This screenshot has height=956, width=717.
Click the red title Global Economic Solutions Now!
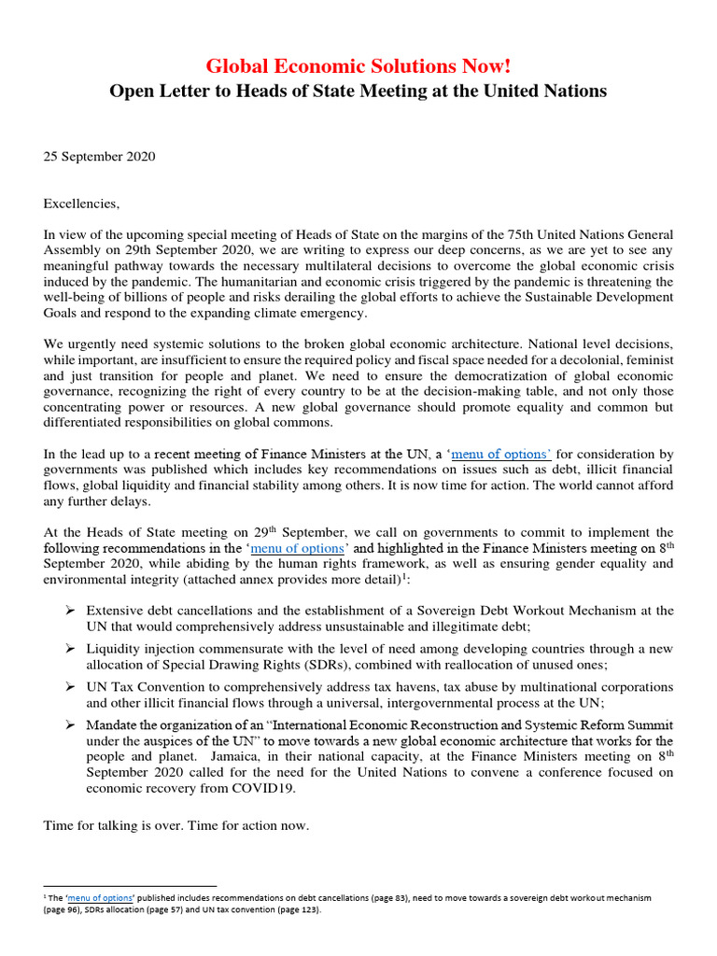point(358,66)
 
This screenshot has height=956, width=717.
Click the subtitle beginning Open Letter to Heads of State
point(358,91)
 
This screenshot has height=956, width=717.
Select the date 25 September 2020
point(99,156)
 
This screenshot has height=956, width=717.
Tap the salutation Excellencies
point(82,203)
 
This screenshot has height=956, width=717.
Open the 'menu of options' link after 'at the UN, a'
point(502,455)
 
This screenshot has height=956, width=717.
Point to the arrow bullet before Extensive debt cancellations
point(69,611)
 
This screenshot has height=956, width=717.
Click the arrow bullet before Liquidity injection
point(69,648)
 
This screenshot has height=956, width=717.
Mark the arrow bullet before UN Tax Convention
point(69,686)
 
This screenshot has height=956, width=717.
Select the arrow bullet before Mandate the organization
point(69,724)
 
